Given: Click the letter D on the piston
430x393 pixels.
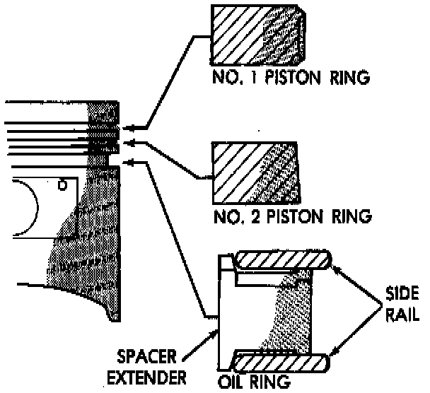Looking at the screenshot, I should click(62, 186).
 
